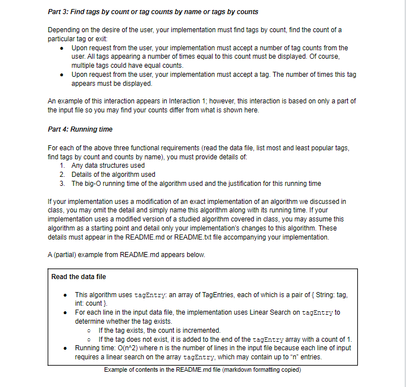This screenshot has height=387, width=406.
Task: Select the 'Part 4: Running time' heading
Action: click(x=80, y=129)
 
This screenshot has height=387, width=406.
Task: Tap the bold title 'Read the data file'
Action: click(x=79, y=276)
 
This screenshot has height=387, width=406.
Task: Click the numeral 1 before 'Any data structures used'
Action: click(x=62, y=166)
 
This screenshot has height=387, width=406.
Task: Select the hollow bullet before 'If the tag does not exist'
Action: click(x=90, y=339)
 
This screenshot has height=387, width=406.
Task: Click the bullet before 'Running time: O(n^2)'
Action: click(x=67, y=348)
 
